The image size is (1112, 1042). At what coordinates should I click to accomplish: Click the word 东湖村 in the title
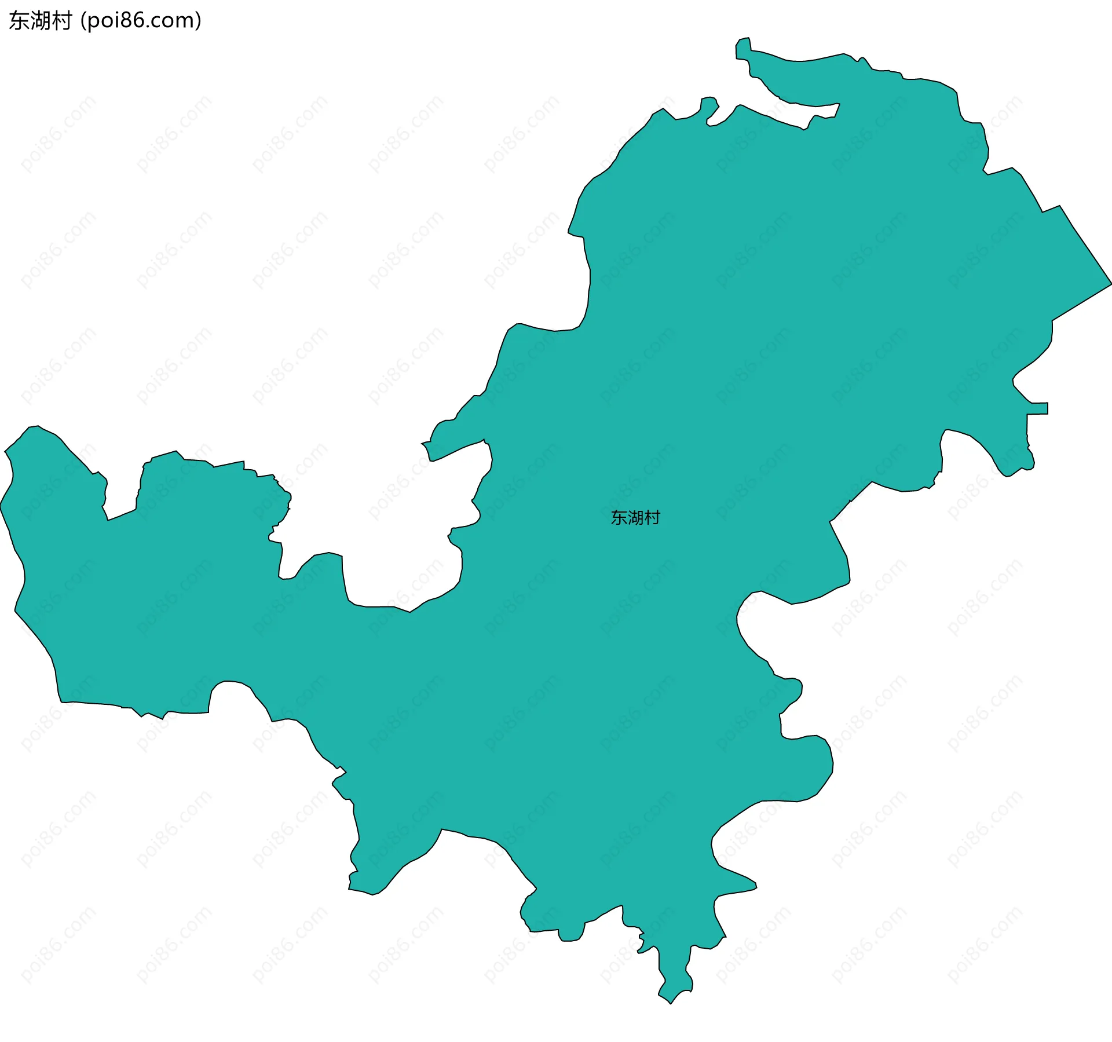click(x=40, y=21)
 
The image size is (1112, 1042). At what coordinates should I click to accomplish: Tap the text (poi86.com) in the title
click(x=141, y=21)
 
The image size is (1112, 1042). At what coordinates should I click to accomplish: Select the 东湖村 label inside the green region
click(x=635, y=517)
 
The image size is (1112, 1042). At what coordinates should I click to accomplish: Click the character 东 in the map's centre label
click(x=619, y=517)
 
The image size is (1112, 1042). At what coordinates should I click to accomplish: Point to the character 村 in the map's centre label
click(x=653, y=517)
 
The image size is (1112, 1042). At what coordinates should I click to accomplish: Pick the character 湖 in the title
click(x=40, y=21)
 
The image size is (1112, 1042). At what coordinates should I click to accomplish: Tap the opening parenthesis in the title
click(x=83, y=21)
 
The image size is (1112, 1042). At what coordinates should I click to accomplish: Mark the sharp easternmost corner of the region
click(x=1110, y=284)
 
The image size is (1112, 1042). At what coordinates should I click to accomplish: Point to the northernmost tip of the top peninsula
click(x=748, y=38)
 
